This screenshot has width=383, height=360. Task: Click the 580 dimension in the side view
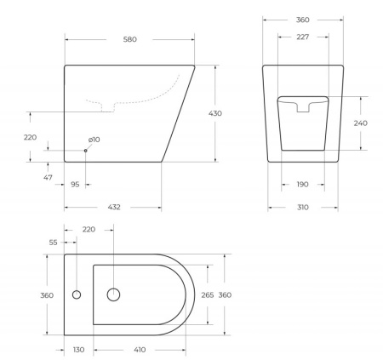coord(129,39)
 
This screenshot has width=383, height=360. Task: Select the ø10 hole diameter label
coord(94,139)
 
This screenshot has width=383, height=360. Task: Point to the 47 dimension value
coord(48,177)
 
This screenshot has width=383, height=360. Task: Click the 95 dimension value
coord(76,184)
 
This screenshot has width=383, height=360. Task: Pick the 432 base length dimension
coord(114,207)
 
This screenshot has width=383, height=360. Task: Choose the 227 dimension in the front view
coord(303,37)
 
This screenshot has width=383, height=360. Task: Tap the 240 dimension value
coord(361,123)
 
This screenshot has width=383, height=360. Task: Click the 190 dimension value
coord(303,184)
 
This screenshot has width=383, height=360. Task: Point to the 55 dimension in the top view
coord(54,243)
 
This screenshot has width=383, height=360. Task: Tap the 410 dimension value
coord(140,350)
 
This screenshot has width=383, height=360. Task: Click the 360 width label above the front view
coord(303,17)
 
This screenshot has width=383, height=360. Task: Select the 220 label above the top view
coord(89,230)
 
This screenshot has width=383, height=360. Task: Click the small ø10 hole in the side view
coord(85,151)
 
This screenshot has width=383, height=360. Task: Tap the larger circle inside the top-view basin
coord(113,294)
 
